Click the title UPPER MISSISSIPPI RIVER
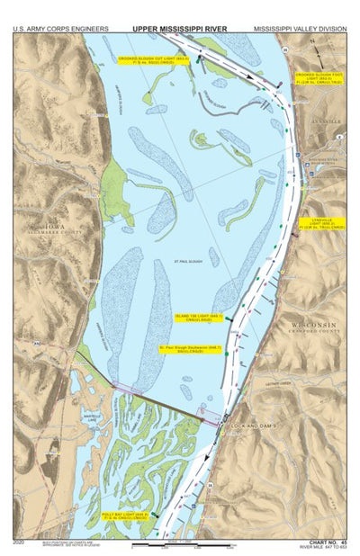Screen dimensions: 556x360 pos(179,28)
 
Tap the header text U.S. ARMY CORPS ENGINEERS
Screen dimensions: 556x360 pos(56,28)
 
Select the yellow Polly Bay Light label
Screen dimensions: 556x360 pos(127,516)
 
